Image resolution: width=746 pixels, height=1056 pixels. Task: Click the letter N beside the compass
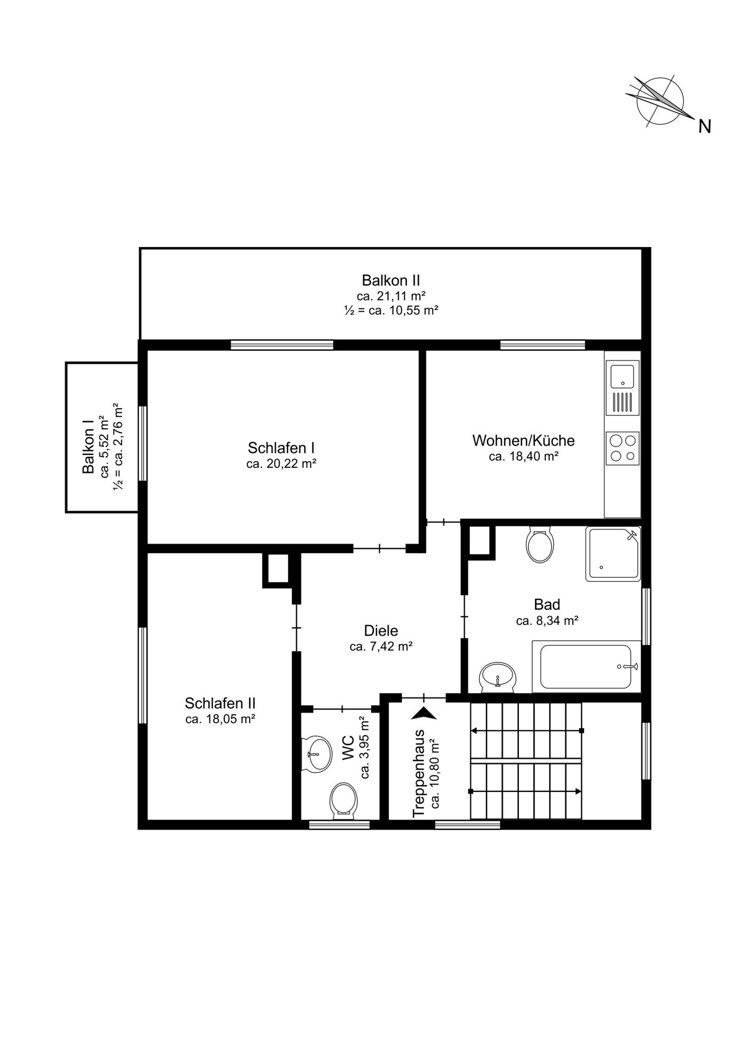point(705,126)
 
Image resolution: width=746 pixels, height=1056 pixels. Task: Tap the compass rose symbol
point(660,101)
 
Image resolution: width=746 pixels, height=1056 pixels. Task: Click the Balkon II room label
point(391,280)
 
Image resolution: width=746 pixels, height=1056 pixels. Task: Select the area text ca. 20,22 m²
point(281,464)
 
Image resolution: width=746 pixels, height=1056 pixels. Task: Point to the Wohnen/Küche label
point(523,440)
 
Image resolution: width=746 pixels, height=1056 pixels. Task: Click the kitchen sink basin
point(622,375)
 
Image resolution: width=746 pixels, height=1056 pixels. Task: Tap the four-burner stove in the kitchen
point(622,448)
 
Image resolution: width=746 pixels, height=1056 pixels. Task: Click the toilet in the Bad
point(540,544)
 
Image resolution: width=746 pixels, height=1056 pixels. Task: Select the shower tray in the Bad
point(613,554)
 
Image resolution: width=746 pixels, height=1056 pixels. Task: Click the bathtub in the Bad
point(586,666)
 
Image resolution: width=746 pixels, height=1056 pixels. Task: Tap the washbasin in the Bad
point(497,676)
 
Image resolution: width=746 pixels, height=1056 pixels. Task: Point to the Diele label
point(381,630)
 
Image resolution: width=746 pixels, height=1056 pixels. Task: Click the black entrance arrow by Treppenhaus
point(424,713)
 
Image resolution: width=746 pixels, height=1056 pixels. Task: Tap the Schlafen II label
point(220,703)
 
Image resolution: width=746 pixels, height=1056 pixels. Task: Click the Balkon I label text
point(88,447)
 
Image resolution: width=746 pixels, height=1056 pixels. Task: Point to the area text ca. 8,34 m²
point(547,621)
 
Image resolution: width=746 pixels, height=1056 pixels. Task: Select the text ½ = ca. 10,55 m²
point(391,310)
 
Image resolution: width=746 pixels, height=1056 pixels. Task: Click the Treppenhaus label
point(419,774)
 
